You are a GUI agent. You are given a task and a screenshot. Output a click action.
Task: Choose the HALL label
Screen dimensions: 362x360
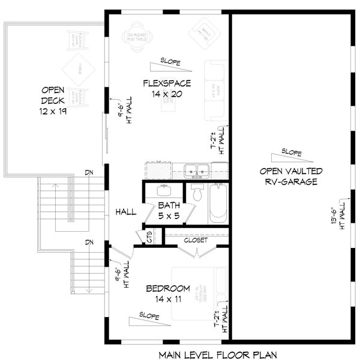coord(126,211)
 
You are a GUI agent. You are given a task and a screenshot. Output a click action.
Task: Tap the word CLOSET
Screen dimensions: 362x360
coord(196,240)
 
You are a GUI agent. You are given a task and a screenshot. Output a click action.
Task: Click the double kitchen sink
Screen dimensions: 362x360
coord(196,170)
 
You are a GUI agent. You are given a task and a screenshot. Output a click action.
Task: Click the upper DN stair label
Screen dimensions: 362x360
coord(89,173)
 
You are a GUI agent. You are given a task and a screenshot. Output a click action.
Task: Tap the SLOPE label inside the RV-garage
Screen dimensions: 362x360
coord(292,152)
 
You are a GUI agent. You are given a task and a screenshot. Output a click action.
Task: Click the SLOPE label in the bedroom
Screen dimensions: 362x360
coord(149,315)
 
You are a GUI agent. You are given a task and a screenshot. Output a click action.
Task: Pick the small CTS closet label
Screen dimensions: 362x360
coord(148,237)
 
